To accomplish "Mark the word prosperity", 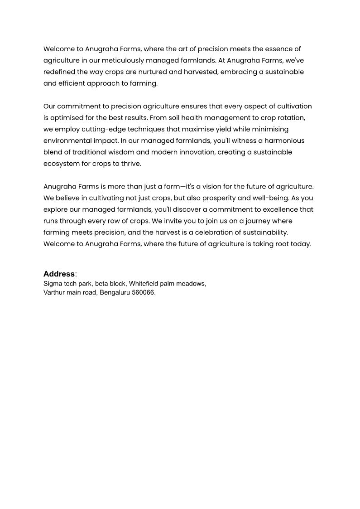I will [194, 198].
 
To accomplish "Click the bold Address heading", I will [59, 274].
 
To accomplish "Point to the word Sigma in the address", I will [53, 284].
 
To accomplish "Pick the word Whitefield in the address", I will [145, 284].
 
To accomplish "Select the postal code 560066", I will [144, 292].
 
